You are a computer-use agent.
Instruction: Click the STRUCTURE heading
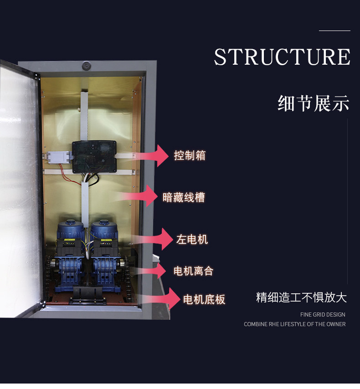click(x=282, y=57)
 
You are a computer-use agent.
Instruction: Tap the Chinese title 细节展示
click(x=314, y=103)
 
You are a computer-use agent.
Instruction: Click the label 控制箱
click(x=190, y=155)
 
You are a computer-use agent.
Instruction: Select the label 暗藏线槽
click(x=184, y=198)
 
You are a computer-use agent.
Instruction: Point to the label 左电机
click(x=192, y=240)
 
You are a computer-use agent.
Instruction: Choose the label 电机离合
click(x=193, y=271)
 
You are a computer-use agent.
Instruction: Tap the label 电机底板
click(x=204, y=299)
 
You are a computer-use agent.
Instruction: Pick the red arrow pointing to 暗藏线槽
click(x=139, y=196)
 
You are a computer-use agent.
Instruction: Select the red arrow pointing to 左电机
click(x=151, y=239)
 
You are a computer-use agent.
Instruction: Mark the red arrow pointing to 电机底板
click(x=161, y=299)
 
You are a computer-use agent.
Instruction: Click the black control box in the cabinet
click(x=94, y=157)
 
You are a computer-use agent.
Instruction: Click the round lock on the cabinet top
click(x=87, y=66)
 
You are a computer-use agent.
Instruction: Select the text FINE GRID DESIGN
click(x=323, y=315)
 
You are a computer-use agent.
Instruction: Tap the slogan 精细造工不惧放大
click(x=301, y=297)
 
